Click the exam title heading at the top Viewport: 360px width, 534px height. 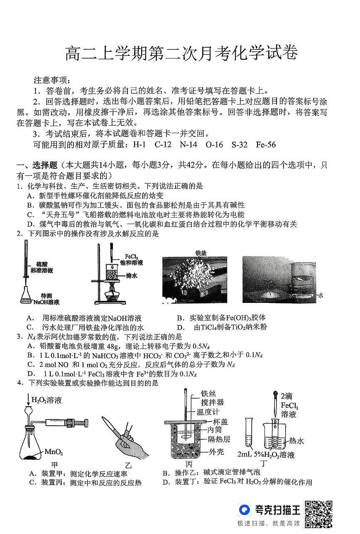pyautogui.click(x=182, y=54)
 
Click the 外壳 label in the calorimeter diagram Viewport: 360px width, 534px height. pyautogui.click(x=217, y=452)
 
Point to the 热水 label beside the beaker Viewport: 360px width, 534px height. pyautogui.click(x=296, y=441)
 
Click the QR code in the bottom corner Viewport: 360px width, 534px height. pyautogui.click(x=319, y=514)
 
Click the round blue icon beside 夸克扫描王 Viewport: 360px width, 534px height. pyautogui.click(x=245, y=510)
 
